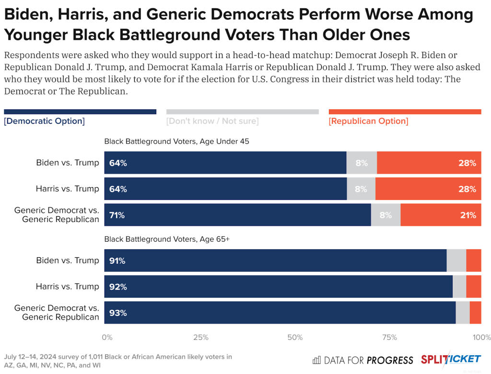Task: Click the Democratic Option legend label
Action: pos(44,121)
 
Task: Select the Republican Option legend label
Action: pos(368,121)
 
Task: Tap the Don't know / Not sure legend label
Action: pos(212,121)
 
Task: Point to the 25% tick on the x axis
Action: pos(200,338)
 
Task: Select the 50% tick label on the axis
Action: pos(295,338)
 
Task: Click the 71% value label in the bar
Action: pos(117,215)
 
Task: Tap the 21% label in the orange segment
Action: pos(468,215)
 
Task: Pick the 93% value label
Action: pos(118,313)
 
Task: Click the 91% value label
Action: pos(118,261)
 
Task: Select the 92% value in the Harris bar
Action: pos(118,287)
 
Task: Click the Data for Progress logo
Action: pos(363,360)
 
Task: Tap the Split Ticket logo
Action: pos(451,360)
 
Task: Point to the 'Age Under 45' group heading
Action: pos(176,141)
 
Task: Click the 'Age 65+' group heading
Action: pos(167,239)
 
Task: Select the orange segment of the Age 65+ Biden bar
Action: pos(474,261)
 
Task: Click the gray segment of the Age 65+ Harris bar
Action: pos(459,287)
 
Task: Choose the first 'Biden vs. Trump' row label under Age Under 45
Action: pos(68,163)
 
